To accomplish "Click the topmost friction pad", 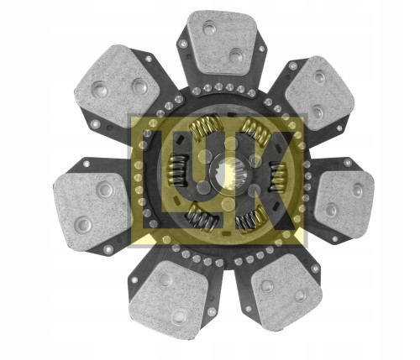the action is click(x=222, y=41).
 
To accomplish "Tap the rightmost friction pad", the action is click(x=344, y=198).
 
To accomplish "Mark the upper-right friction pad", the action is click(x=320, y=92).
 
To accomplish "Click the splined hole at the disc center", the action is click(x=227, y=173).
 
